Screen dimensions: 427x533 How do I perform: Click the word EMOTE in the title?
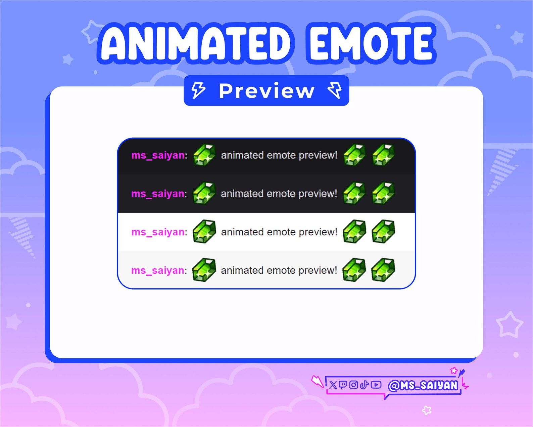click(x=371, y=43)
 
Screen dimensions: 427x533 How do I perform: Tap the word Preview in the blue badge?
click(x=267, y=91)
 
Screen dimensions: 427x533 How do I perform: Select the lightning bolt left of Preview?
click(x=198, y=90)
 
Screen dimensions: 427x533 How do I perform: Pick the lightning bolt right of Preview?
click(x=335, y=90)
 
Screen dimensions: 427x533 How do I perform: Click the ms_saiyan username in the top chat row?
click(x=158, y=155)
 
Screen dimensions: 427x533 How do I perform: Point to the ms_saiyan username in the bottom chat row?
click(x=158, y=270)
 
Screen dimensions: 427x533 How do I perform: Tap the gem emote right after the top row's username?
click(x=204, y=155)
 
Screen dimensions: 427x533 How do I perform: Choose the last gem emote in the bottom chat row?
click(x=383, y=270)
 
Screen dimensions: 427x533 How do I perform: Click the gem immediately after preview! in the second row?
click(x=354, y=193)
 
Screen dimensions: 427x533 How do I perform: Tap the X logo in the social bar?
click(x=333, y=385)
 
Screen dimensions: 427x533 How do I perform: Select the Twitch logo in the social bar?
click(x=343, y=385)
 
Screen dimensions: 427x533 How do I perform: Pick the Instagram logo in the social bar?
click(x=353, y=385)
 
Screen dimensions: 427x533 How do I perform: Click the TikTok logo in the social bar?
click(x=364, y=385)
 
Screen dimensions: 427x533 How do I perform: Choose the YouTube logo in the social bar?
click(x=376, y=385)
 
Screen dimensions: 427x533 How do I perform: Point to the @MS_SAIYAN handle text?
click(x=423, y=385)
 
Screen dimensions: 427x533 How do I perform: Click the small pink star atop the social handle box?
click(x=454, y=371)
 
